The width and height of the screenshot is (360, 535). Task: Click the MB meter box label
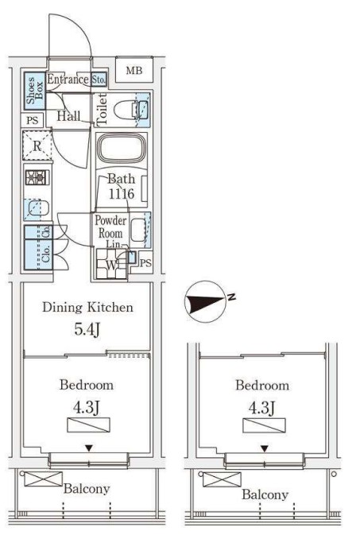point(134,71)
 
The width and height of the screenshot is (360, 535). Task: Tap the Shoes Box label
point(34,91)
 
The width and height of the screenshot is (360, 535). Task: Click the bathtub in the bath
point(122,148)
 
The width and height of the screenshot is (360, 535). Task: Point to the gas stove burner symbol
point(37,177)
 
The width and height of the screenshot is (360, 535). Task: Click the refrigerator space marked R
point(37,145)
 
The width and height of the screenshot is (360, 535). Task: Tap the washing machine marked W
point(111,264)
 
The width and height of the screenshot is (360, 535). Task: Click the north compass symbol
point(205,301)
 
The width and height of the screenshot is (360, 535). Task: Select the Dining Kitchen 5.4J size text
point(87,329)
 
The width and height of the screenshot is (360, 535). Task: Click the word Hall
point(68,116)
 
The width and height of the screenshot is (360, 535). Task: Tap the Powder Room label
point(110,227)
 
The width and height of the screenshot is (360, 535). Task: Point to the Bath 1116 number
point(122,194)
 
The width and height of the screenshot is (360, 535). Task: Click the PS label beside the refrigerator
point(33,121)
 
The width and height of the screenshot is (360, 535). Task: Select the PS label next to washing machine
point(145,263)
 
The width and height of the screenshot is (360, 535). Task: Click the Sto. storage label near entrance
point(99,79)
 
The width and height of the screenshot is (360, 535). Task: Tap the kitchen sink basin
point(38,207)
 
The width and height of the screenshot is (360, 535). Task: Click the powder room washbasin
point(138,230)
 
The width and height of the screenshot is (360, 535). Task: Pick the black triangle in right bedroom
point(264,448)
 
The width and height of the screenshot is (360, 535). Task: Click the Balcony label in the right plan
point(265,494)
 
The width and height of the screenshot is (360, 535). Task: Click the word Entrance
point(68,79)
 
